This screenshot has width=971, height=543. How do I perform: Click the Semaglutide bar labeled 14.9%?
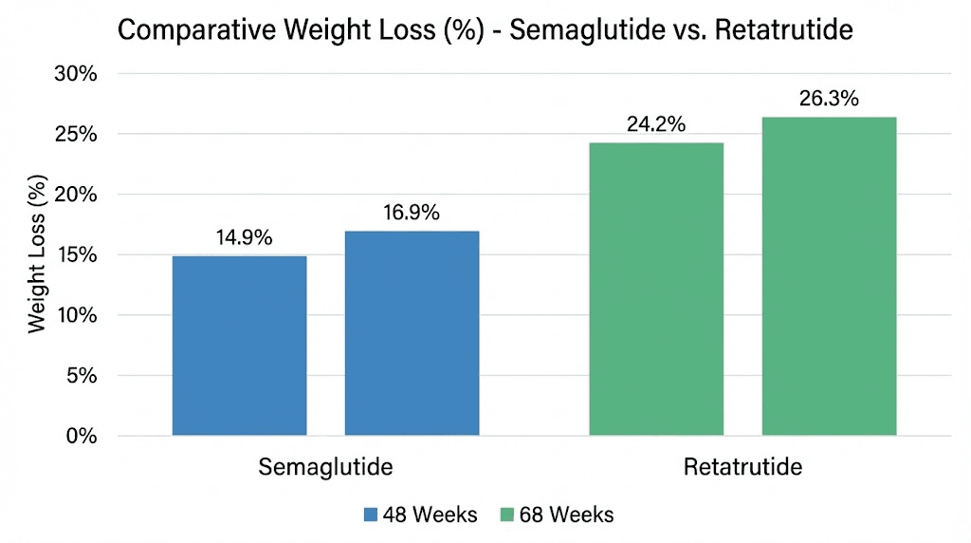point(239,346)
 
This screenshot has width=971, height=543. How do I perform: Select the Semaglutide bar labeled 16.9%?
point(412,333)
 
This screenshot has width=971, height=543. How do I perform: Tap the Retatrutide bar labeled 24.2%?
point(656,289)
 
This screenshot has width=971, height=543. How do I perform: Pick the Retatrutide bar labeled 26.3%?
point(829,276)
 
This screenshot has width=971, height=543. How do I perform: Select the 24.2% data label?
point(655,124)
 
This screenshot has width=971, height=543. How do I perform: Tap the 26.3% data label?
point(829,99)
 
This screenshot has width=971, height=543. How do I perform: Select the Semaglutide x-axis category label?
point(325,467)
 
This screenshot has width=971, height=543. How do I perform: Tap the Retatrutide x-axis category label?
point(742,467)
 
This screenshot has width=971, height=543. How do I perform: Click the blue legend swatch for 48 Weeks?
point(371,515)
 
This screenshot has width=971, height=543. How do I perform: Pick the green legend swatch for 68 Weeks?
point(506,515)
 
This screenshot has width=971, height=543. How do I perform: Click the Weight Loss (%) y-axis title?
point(37,253)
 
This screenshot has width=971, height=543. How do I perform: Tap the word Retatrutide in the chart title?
point(771,30)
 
